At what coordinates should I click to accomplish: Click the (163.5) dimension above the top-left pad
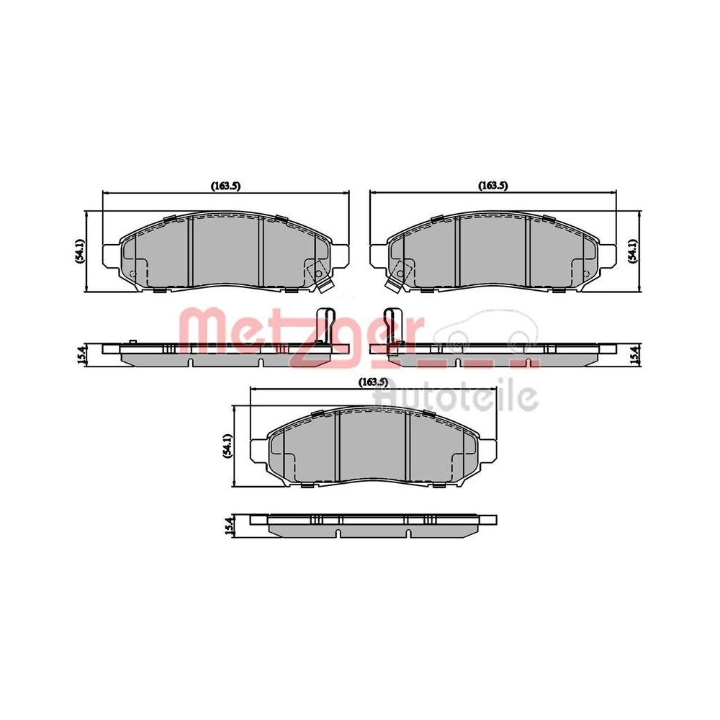coord(225,186)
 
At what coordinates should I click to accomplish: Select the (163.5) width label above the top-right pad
coord(493,186)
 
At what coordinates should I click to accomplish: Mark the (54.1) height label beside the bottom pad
coord(228,446)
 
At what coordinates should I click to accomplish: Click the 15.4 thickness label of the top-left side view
coord(81,354)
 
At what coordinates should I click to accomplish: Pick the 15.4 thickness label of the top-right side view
coord(633,354)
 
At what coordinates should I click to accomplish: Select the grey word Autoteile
coord(456,395)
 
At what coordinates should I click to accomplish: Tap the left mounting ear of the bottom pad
coord(258,450)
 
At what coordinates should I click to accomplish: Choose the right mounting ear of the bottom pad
coord(487,450)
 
